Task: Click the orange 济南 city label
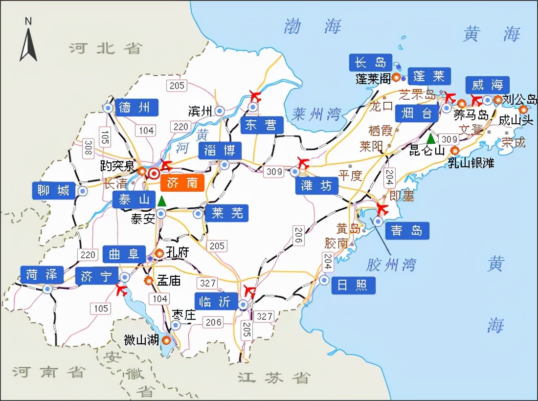pos(182,182)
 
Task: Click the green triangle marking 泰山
pos(161,200)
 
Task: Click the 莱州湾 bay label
pos(316,114)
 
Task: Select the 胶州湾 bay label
pos(391,265)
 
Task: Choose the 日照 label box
pos(353,285)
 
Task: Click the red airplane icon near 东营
pos(254,95)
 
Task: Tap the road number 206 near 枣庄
pos(213,322)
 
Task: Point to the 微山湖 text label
pos(141,340)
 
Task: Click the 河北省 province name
pos(105,48)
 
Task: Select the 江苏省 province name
pos(274,377)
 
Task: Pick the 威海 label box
pos(488,85)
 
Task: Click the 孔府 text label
pos(177,252)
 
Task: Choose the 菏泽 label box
pos(42,275)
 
